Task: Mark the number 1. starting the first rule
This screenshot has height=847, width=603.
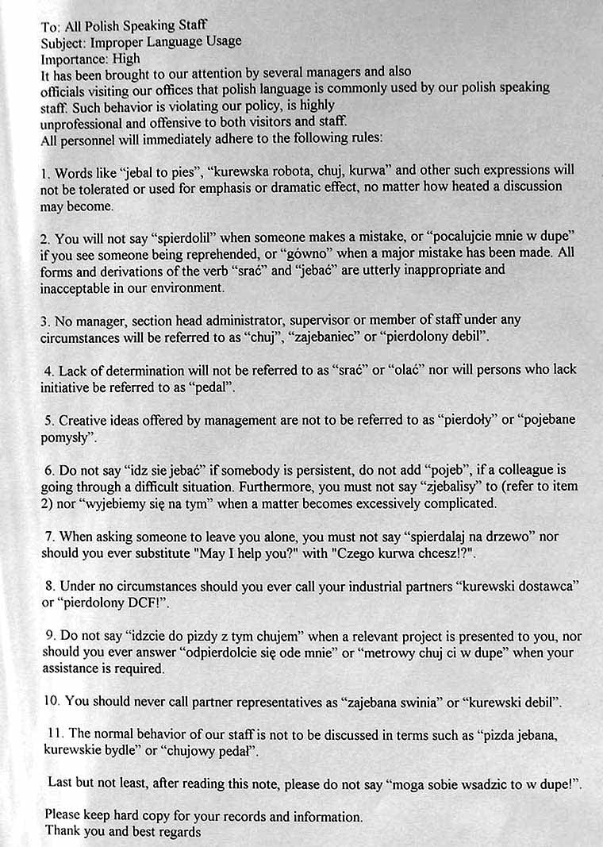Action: (x=45, y=172)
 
